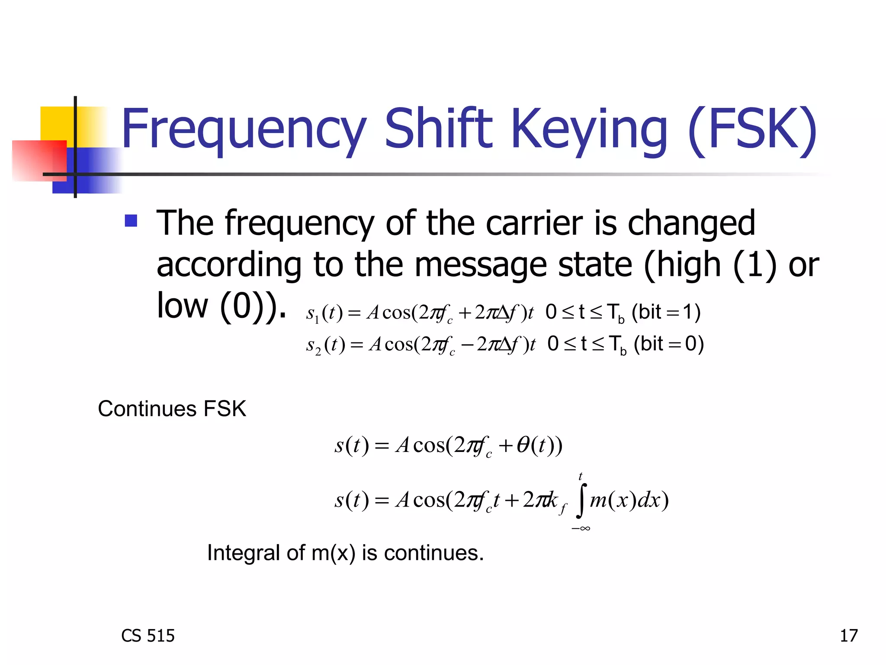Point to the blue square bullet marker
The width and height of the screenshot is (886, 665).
[131, 221]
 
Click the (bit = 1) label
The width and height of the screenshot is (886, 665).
[666, 312]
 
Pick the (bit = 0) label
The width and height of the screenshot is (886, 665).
[668, 344]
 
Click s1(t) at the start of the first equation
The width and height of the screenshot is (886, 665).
[324, 313]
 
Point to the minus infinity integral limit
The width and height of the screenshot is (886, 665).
[581, 528]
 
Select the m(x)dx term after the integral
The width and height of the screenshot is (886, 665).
[629, 500]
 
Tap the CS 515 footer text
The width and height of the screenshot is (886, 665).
[148, 636]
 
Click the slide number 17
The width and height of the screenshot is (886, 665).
[848, 636]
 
